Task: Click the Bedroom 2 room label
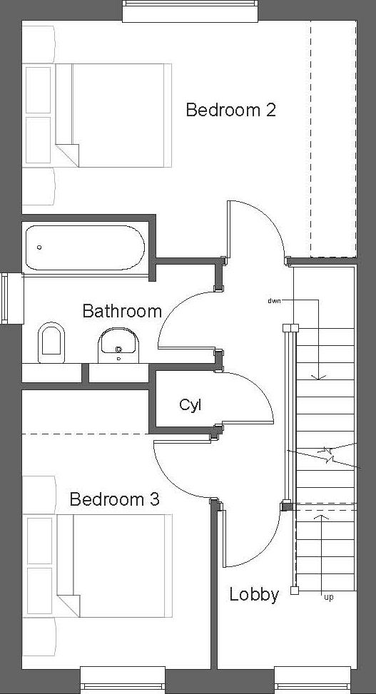230,111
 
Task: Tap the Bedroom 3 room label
114,499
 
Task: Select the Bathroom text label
121,311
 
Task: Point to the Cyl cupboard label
190,405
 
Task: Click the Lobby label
253,595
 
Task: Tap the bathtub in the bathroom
84,247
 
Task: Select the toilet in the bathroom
51,341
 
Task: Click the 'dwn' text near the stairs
274,301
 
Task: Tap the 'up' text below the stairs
328,597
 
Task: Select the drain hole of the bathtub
39,248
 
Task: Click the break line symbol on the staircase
327,454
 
